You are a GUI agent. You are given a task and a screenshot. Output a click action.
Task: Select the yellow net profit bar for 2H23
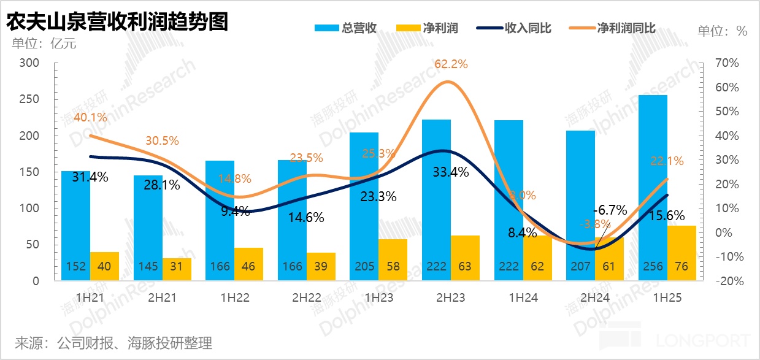tap(465, 258)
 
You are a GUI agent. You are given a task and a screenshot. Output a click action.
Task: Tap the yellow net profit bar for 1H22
tap(248, 264)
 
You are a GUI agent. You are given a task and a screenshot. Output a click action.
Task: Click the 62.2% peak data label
tap(451, 64)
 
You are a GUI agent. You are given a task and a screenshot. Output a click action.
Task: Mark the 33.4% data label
tap(451, 172)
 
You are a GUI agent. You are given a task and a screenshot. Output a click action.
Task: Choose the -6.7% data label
tap(609, 210)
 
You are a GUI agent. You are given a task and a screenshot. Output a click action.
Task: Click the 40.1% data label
tap(90, 117)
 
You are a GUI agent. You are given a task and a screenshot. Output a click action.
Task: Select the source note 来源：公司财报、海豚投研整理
tap(113, 342)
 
